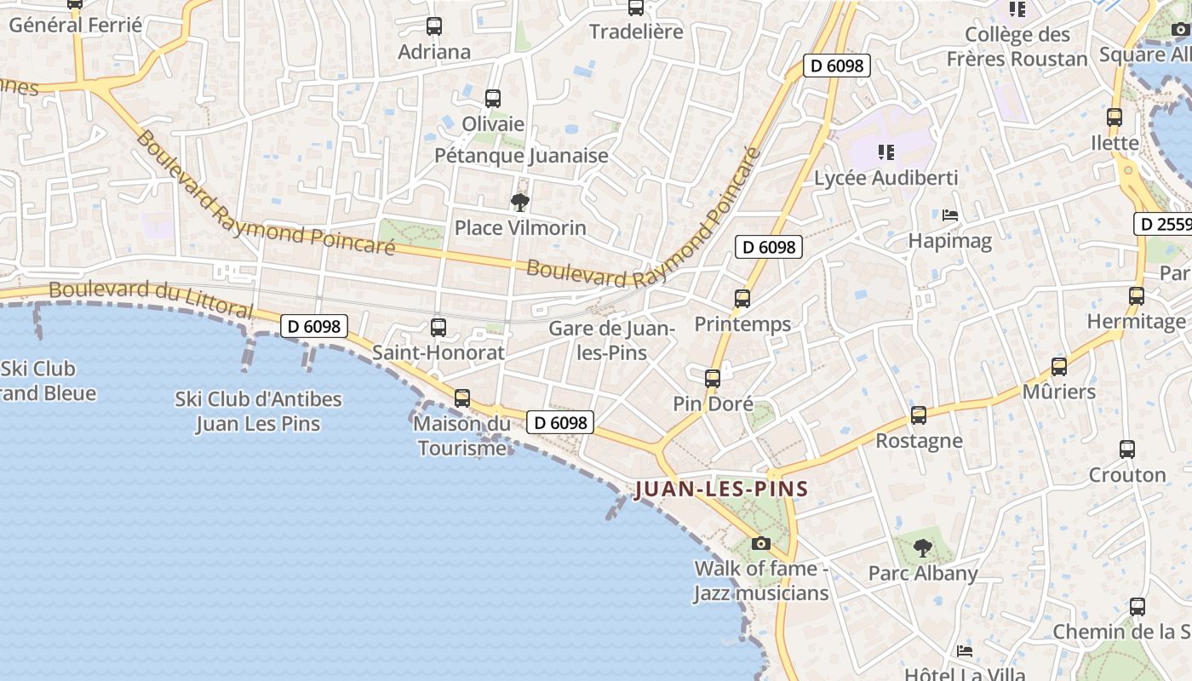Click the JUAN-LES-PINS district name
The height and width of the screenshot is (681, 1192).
point(721,489)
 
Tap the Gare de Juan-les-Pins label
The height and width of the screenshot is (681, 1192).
point(611,340)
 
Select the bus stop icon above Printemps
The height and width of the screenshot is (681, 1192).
point(742,299)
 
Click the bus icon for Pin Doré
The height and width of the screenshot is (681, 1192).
point(713,379)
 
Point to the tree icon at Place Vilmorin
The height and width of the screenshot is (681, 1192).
point(519,203)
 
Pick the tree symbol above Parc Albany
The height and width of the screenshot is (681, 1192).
point(922,548)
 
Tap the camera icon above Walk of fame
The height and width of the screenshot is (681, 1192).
point(761,543)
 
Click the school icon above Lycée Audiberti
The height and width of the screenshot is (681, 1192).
point(886,152)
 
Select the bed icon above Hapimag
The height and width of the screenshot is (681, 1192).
point(950,215)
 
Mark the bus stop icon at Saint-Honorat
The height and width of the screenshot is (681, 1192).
point(438,327)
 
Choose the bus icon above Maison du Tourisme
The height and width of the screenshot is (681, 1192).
point(462,398)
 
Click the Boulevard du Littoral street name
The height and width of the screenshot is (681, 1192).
point(151,299)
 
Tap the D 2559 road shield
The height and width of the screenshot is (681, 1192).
point(1164,225)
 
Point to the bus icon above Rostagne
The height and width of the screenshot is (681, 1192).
point(919,415)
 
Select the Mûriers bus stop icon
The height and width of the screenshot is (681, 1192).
point(1059,367)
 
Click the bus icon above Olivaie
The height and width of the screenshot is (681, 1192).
point(493,99)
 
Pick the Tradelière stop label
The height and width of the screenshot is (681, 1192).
point(636,32)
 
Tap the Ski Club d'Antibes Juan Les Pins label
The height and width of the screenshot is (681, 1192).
point(258,411)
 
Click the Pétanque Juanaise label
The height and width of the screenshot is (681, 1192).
point(521,156)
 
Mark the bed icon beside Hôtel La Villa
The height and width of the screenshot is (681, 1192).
point(965,651)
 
